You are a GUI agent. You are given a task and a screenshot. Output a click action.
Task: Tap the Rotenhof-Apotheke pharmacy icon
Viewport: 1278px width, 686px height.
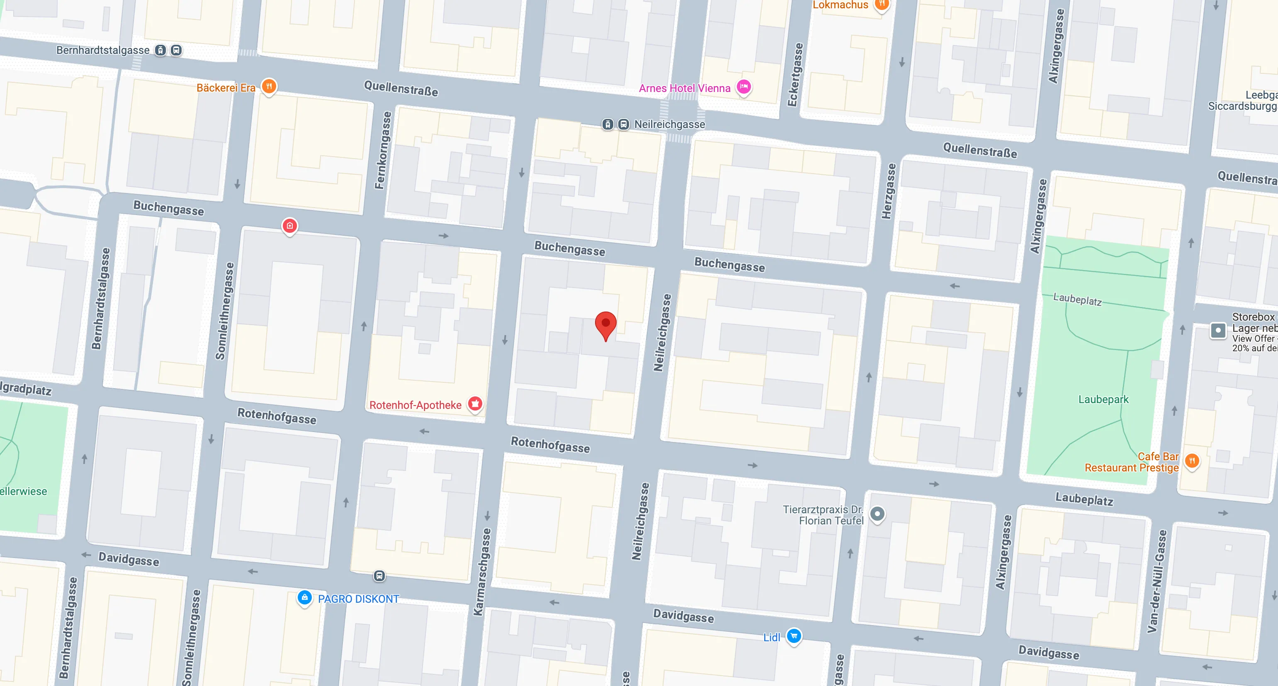pos(475,403)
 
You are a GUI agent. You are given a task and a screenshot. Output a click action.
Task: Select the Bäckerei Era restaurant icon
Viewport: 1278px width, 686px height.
pos(269,87)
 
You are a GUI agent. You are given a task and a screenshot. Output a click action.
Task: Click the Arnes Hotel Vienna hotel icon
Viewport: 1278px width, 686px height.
pos(743,87)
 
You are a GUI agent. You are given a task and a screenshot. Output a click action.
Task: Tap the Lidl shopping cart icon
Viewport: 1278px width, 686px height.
pos(794,636)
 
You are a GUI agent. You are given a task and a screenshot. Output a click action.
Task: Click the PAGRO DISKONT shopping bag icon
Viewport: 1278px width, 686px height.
pos(305,598)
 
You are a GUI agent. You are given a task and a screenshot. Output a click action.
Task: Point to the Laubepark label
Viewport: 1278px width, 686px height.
pos(1103,399)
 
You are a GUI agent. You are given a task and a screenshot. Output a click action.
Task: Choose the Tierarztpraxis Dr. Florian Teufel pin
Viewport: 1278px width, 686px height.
pos(877,514)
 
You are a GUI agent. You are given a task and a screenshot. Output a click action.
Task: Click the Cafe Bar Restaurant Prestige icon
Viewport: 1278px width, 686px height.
pos(1192,461)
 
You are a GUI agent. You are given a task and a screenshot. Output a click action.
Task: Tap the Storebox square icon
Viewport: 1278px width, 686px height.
pos(1218,330)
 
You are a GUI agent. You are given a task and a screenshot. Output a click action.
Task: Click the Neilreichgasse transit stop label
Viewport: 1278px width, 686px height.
pos(669,124)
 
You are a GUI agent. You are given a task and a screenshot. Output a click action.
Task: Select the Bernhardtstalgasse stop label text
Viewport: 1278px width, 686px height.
pos(103,50)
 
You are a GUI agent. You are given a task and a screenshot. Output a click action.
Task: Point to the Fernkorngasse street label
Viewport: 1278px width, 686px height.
pos(382,150)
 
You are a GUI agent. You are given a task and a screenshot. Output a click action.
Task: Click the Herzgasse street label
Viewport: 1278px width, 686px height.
pos(889,191)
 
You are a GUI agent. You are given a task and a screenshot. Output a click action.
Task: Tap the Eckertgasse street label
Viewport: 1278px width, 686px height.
pos(795,74)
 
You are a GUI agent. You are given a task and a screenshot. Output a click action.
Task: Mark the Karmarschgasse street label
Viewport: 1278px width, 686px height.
pos(482,572)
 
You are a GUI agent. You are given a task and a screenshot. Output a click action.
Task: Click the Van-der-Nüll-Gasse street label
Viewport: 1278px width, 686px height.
pos(1157,581)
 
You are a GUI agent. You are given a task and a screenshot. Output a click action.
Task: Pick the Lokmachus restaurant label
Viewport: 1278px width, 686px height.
pos(840,5)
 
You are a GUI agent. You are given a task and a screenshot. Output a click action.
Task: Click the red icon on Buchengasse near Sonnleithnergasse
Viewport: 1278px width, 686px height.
pos(290,226)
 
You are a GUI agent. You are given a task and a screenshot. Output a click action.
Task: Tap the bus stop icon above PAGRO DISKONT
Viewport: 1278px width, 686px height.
pos(379,575)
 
